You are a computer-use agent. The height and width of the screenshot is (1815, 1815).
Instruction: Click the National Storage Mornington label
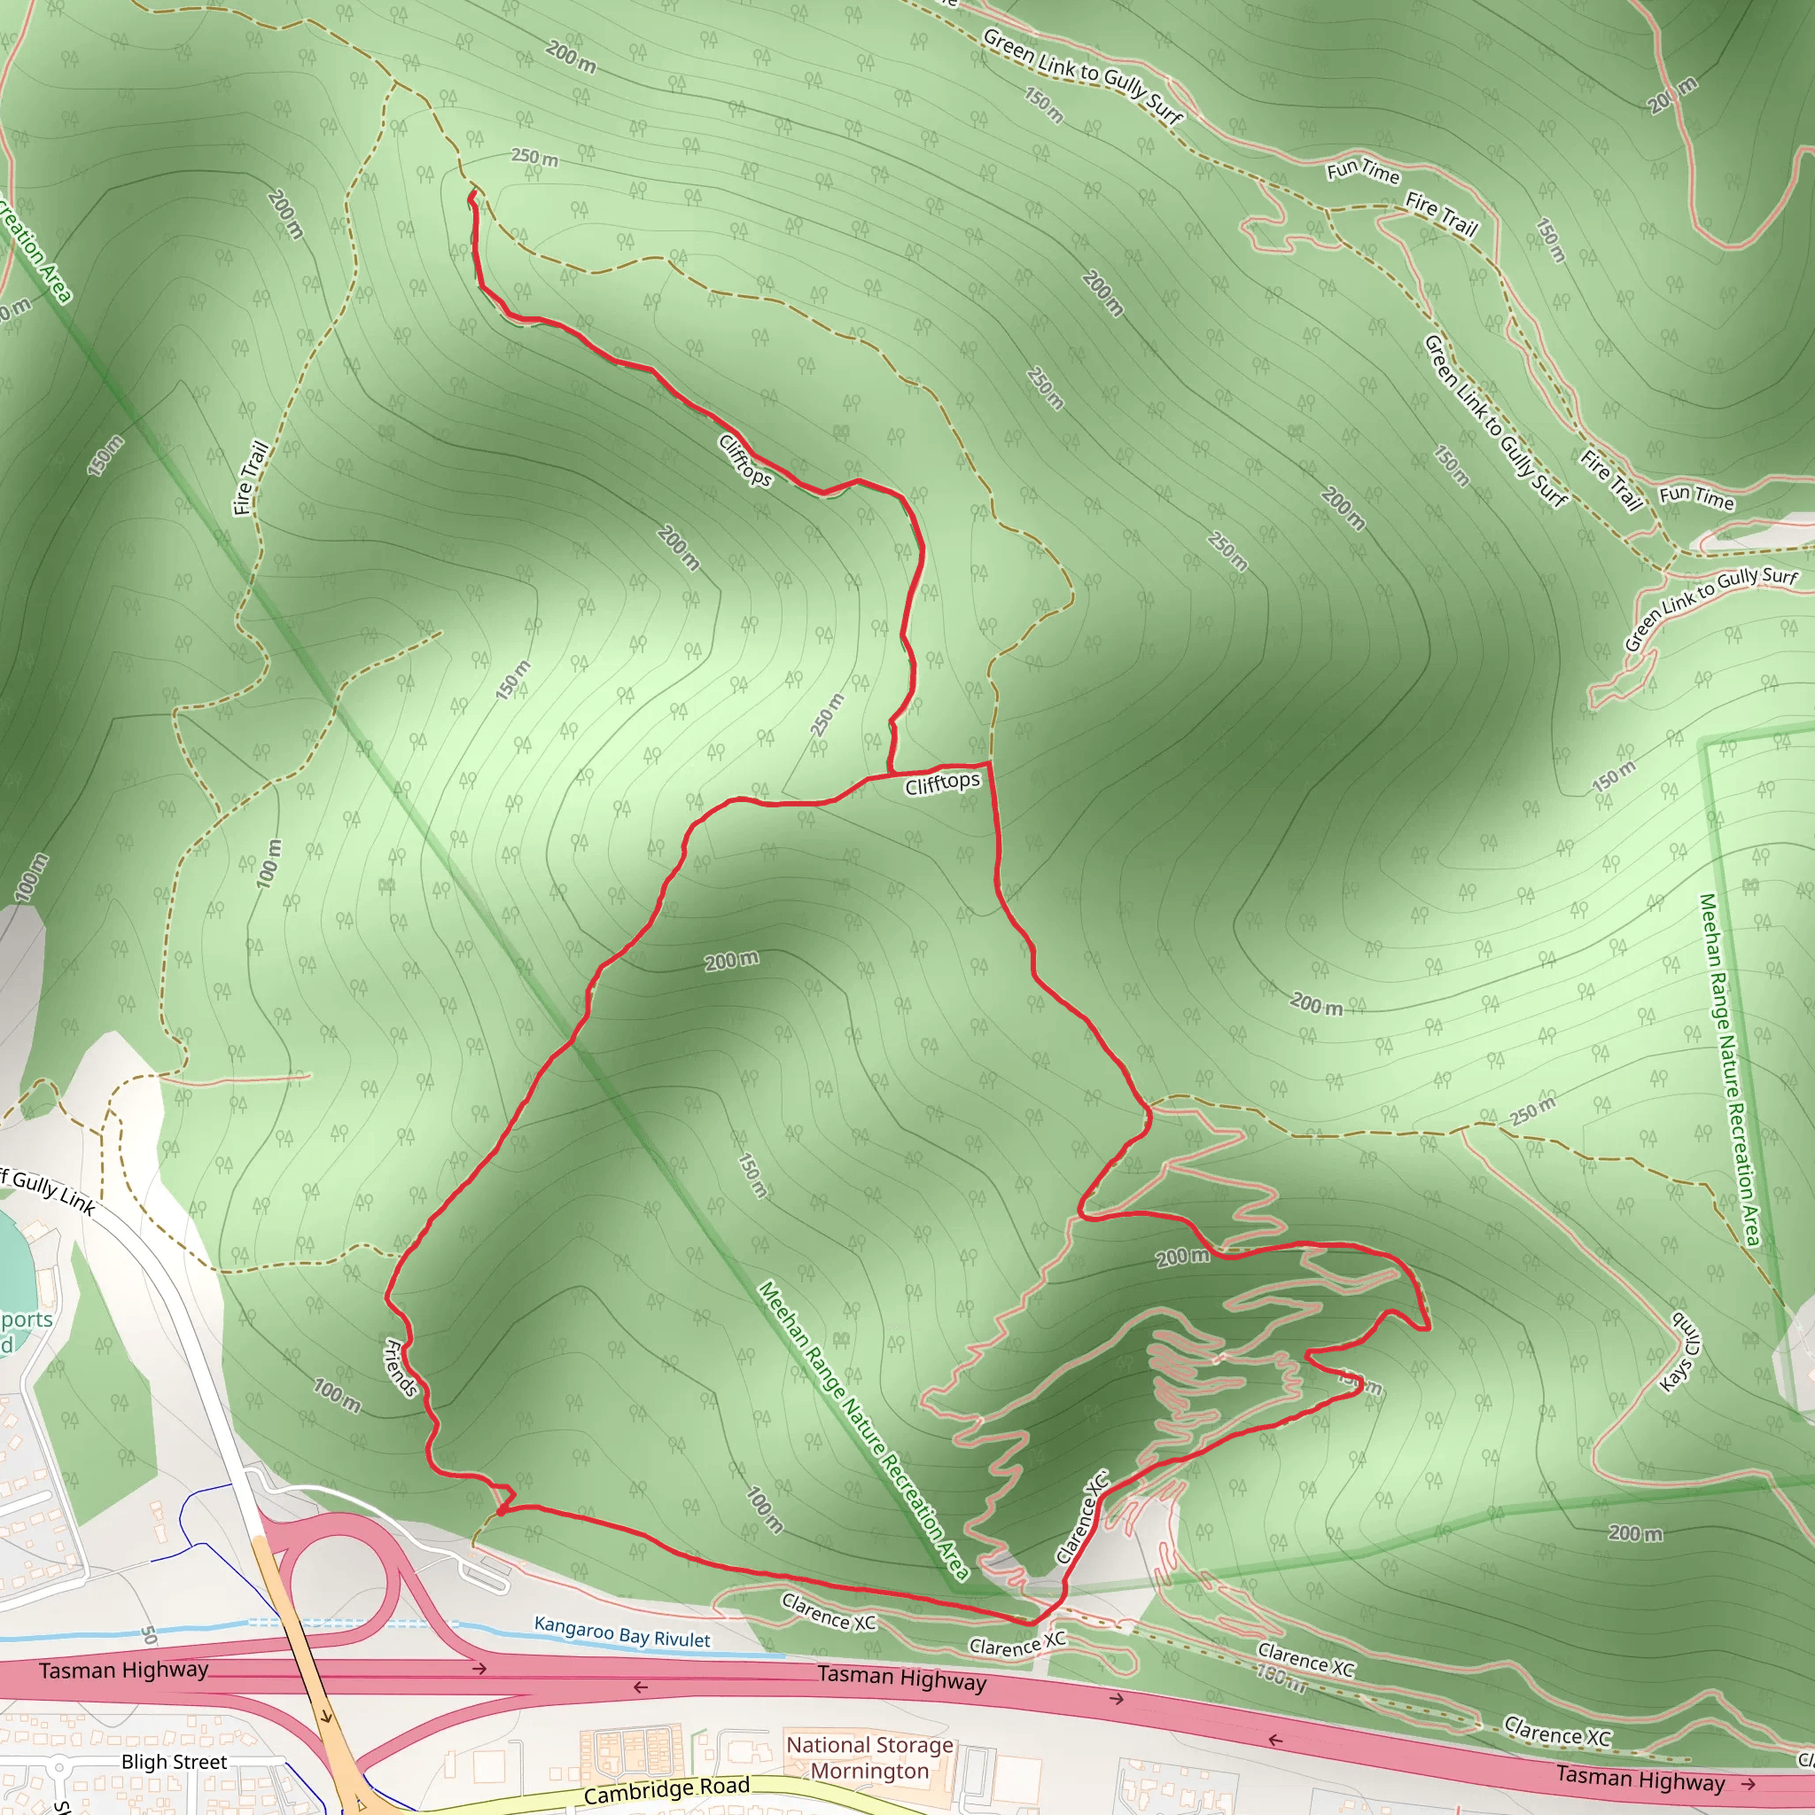[869, 1757]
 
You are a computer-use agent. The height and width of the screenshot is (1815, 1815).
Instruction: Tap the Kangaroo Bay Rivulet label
[622, 1632]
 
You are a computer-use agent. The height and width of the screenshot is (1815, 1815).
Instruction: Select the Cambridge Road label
[666, 1789]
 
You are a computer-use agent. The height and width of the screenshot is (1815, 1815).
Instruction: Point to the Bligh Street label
[174, 1763]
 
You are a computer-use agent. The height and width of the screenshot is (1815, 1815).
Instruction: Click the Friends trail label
[401, 1367]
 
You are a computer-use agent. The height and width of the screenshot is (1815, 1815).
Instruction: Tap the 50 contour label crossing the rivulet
[148, 1634]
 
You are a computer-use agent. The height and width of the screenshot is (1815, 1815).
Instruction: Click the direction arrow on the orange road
[325, 1716]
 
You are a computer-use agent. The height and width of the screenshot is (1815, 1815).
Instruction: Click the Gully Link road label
[47, 1191]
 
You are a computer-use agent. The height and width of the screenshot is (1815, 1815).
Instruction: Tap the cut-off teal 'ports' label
[26, 1320]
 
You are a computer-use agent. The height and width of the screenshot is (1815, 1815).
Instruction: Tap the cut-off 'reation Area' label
[35, 249]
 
